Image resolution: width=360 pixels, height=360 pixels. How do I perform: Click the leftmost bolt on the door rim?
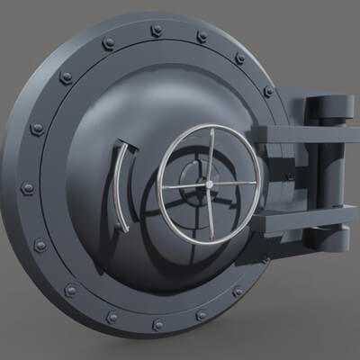[28, 188]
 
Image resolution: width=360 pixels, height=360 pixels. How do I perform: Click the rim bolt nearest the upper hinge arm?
[268, 91]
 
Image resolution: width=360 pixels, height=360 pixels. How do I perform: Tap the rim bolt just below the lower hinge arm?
[265, 261]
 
